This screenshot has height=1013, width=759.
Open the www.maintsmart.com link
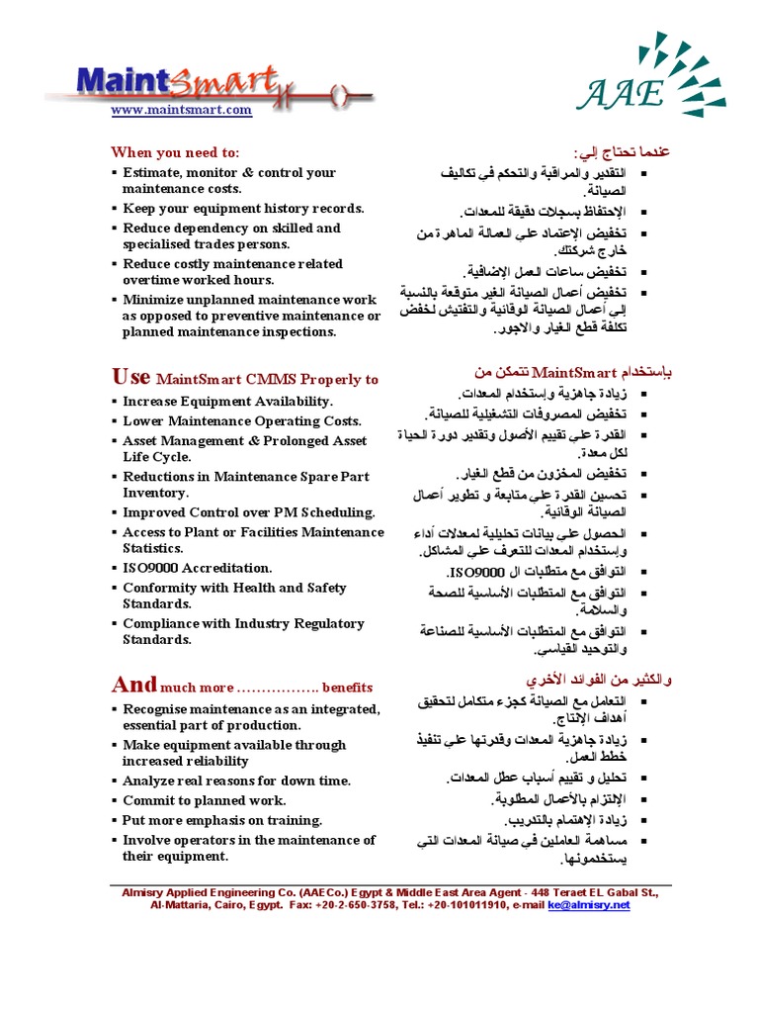coord(181,111)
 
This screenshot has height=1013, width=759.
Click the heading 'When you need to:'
coord(175,152)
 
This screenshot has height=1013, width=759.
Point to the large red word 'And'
coord(134,685)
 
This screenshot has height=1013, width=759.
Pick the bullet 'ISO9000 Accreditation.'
coord(197,568)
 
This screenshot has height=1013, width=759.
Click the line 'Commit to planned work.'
coord(204,800)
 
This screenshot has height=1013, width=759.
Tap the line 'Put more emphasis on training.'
coord(222,820)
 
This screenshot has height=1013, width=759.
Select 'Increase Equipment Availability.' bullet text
coord(227,402)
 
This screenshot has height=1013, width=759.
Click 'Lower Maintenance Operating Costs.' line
coord(241,421)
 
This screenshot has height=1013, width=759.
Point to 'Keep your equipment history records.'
coord(243,209)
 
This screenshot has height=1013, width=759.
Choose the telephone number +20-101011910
coord(467,904)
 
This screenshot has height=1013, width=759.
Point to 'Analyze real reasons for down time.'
coord(236,781)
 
